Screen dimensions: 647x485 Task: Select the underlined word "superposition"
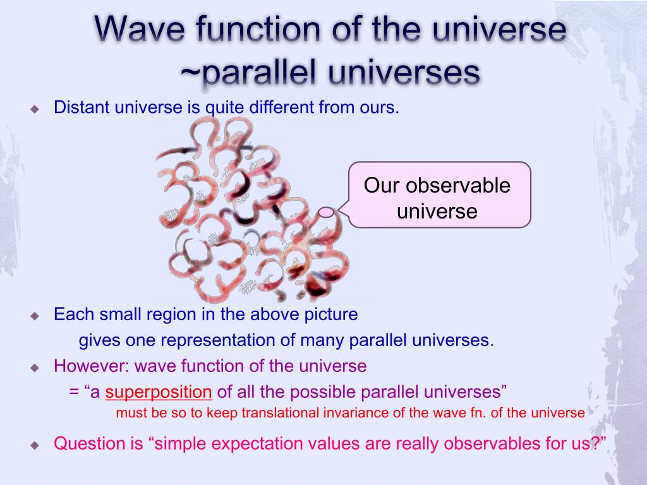pos(159,392)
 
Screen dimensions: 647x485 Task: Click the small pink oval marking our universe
pos(326,212)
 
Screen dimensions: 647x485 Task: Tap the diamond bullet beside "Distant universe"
pos(35,109)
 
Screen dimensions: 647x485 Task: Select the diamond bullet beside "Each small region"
pos(35,316)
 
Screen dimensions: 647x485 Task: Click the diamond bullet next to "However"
pos(35,368)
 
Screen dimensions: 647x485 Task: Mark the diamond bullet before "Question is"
pos(35,445)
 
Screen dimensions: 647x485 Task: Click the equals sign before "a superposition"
pos(75,392)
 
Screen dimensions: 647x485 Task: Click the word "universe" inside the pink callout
pos(437,211)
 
